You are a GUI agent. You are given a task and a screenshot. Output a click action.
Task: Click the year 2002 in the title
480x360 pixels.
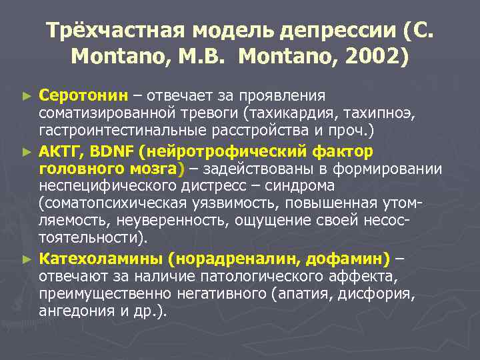tap(367, 57)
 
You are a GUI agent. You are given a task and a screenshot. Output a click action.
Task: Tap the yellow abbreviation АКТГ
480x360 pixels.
tap(57, 150)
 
